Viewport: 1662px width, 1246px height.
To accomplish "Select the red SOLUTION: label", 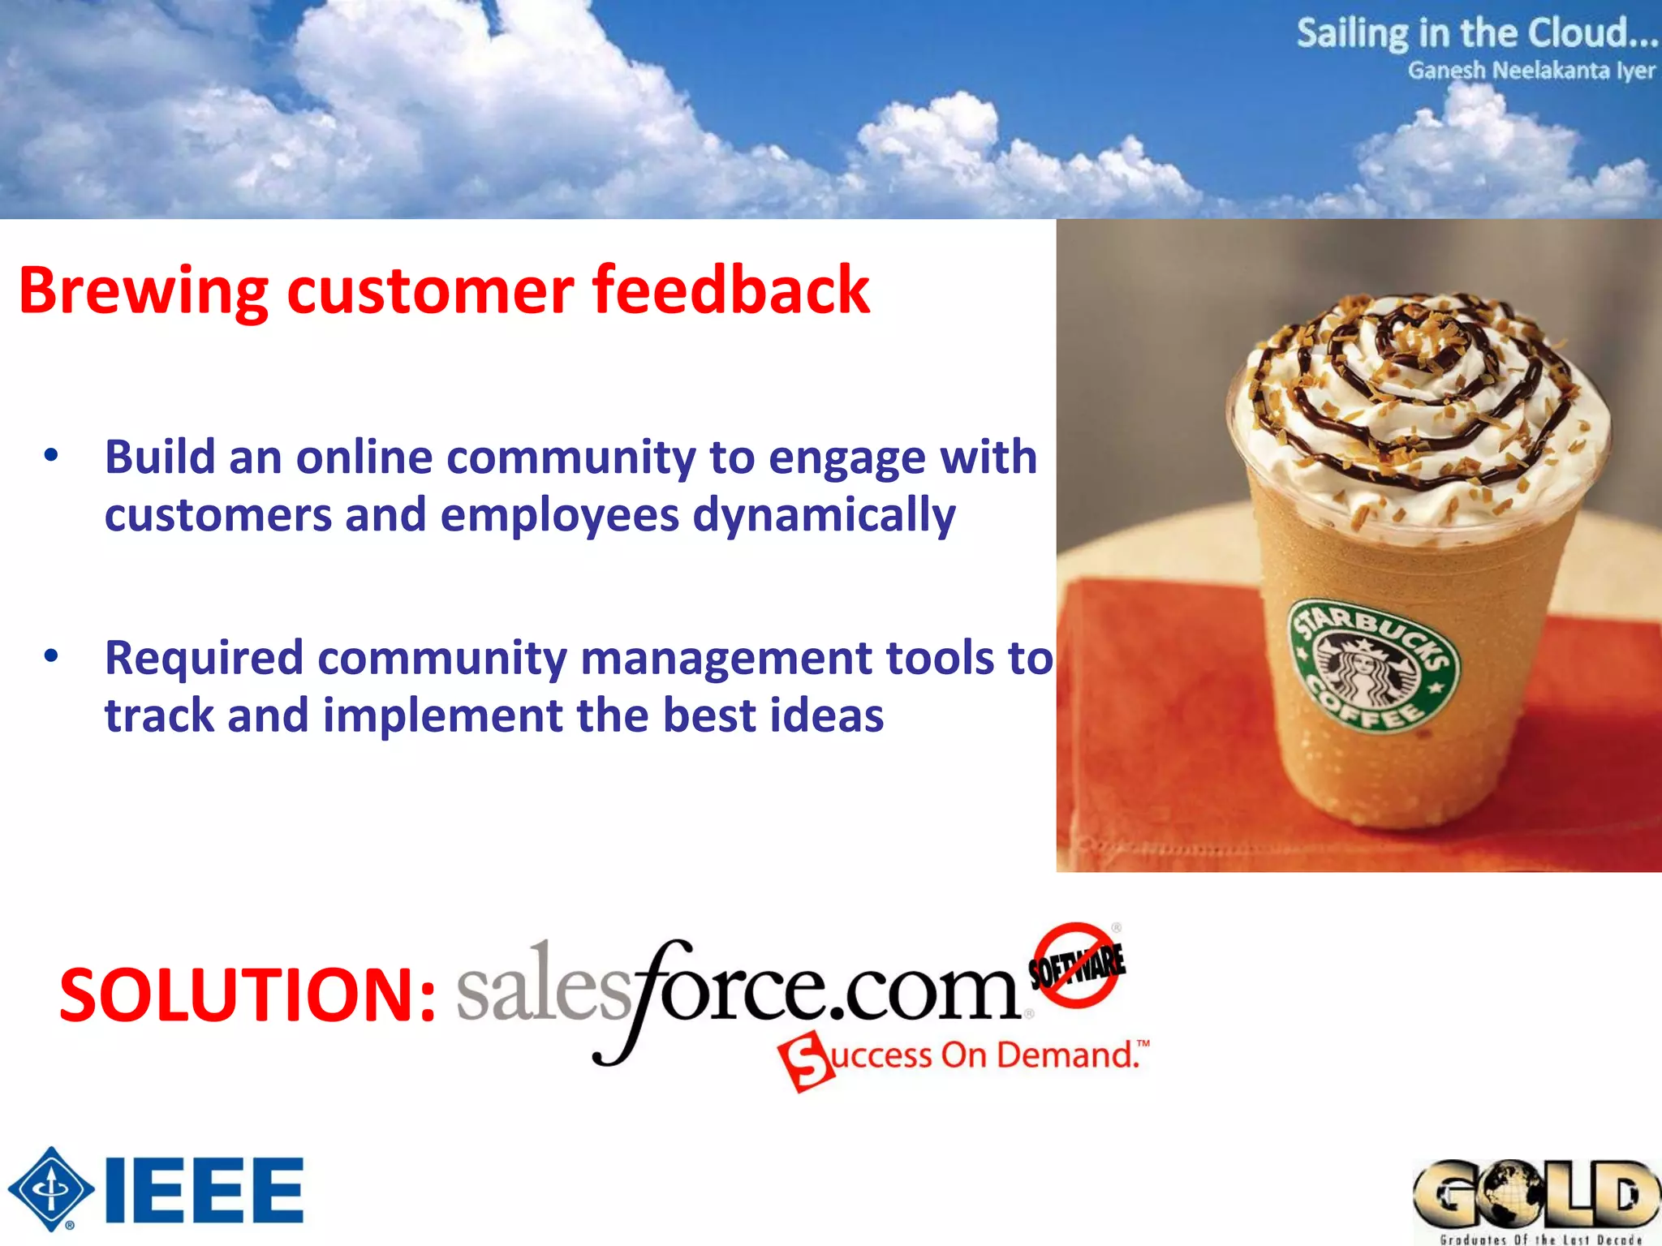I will (248, 995).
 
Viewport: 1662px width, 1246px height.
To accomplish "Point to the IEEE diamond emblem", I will (51, 1188).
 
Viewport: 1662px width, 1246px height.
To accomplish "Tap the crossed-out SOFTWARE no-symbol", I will (1077, 965).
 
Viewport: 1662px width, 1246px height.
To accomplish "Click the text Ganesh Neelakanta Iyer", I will (1531, 71).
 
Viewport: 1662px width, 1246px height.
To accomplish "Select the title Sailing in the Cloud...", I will (1475, 34).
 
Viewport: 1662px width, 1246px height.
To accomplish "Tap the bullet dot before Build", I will (51, 456).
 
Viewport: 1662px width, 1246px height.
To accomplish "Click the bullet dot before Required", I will (51, 655).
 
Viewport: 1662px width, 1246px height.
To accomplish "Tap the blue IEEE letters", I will (204, 1190).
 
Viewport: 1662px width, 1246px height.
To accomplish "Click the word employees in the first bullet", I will (559, 516).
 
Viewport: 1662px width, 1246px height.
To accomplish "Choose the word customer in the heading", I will (430, 290).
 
